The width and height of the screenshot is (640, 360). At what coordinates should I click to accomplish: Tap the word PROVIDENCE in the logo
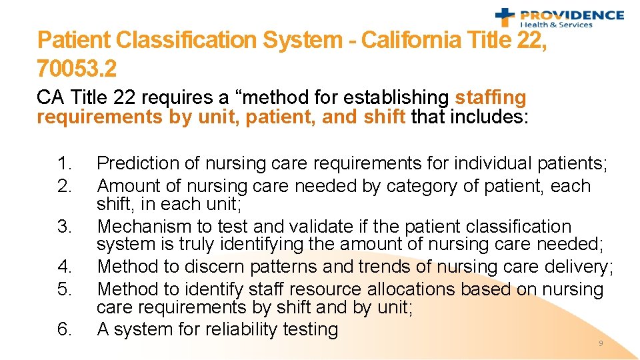click(572, 15)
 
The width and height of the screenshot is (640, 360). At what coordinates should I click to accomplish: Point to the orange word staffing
click(490, 97)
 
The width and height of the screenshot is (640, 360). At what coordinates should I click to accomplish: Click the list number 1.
click(65, 163)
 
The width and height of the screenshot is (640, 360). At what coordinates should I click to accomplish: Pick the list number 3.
click(65, 227)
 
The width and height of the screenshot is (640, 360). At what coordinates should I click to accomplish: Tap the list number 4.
click(65, 267)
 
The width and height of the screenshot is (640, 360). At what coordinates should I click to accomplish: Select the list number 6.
click(65, 329)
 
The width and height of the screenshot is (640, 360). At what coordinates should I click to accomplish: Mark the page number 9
click(601, 343)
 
